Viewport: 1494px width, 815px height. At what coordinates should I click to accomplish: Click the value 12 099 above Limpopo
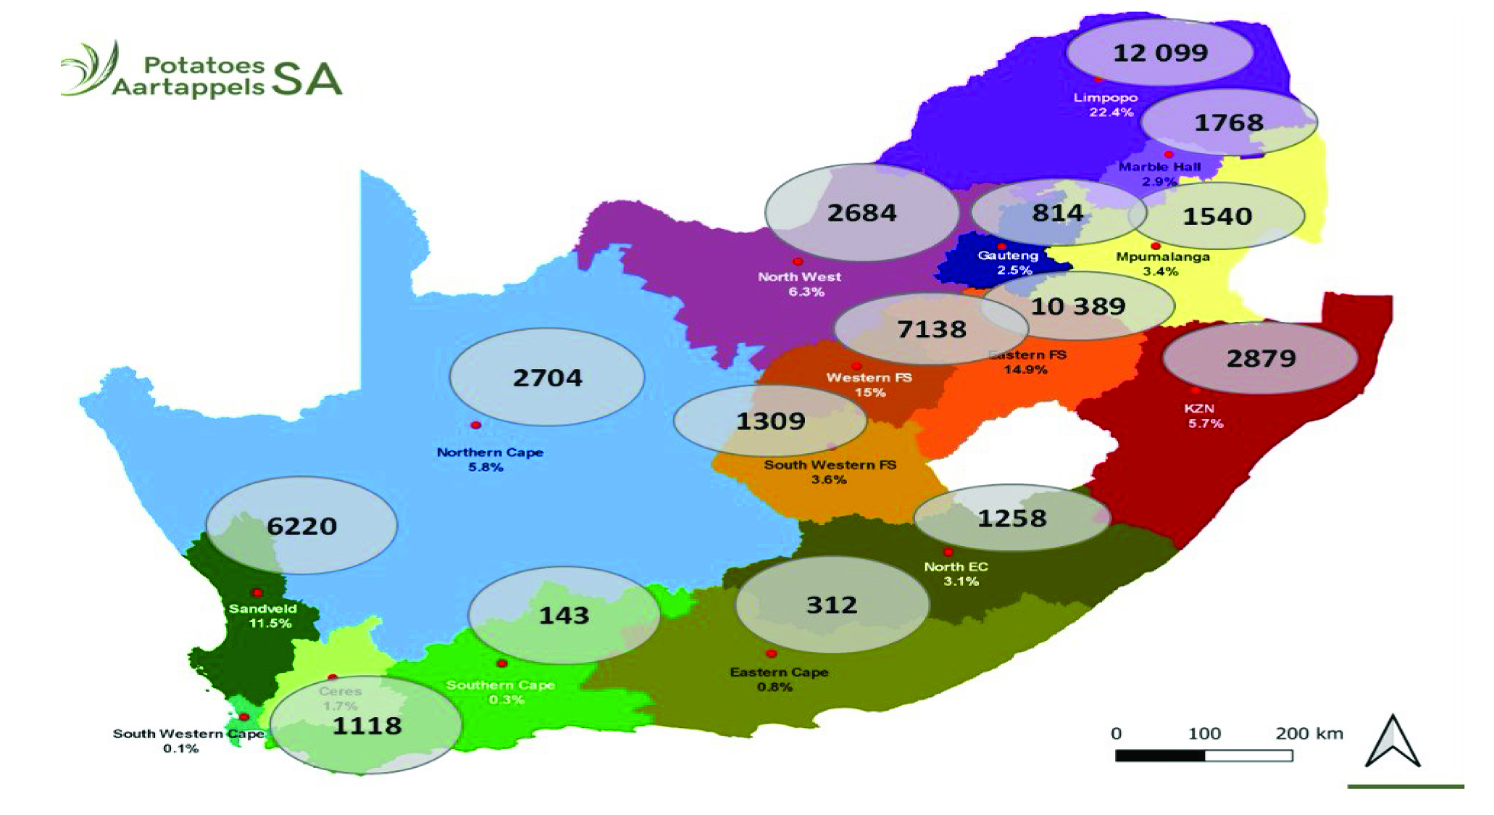1160,53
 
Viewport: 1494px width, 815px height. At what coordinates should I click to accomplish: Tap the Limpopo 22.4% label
1106,104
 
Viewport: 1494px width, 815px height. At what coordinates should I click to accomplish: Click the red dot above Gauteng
1002,247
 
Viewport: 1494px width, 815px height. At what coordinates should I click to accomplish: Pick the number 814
1058,213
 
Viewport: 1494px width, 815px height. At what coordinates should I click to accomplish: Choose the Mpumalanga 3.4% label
1162,263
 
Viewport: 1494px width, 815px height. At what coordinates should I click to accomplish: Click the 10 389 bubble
1078,306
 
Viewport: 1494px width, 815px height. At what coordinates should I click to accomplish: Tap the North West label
800,284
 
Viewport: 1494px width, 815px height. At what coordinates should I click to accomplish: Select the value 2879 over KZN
1261,358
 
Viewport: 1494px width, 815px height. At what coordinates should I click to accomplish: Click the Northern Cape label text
490,452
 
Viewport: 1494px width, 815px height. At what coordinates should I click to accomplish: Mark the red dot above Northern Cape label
476,425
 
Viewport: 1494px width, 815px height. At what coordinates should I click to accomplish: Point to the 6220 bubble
301,526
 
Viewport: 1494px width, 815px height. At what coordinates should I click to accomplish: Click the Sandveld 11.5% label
264,616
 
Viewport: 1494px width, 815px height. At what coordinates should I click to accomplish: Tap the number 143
564,616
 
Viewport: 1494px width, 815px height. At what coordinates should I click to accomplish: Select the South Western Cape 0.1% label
181,740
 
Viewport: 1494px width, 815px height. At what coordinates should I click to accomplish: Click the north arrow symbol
1393,741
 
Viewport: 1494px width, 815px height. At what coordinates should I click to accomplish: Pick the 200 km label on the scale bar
1309,733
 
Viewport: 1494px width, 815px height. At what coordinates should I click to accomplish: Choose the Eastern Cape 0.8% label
778,679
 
